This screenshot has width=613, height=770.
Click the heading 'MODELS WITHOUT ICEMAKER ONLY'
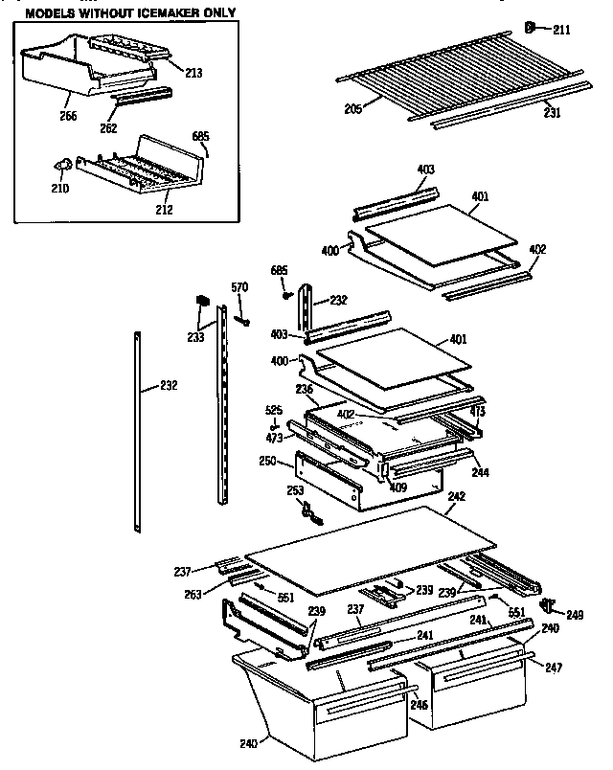coord(128,13)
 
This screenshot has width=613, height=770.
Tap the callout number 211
coord(560,31)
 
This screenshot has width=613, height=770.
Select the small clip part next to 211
coord(533,28)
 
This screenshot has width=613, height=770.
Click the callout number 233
coord(195,337)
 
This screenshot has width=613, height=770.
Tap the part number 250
coord(268,461)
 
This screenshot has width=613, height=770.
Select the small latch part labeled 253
coord(308,513)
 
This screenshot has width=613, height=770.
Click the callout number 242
coord(456,496)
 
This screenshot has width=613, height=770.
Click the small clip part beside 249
coord(549,604)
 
